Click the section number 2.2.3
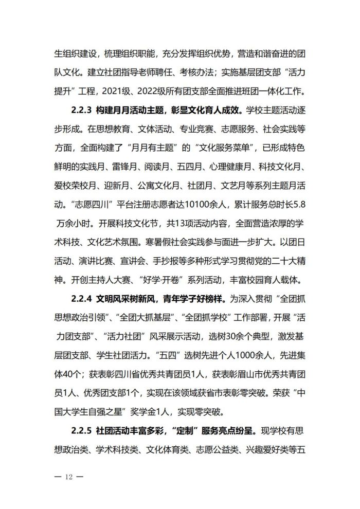click(x=80, y=110)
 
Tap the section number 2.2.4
click(x=80, y=298)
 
